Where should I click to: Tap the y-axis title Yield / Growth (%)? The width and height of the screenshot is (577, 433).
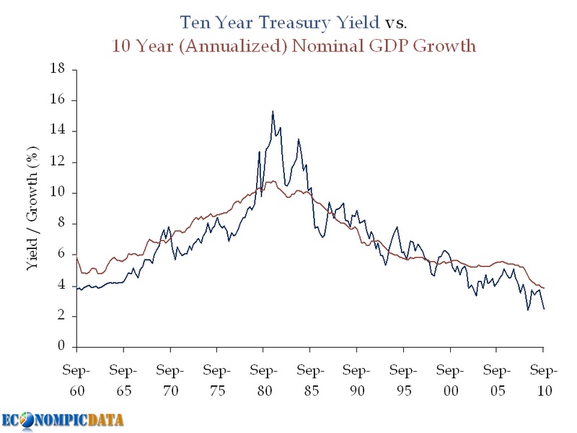click(x=32, y=209)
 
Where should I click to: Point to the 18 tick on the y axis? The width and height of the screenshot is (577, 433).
click(x=58, y=69)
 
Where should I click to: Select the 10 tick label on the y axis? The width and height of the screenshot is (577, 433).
click(x=58, y=193)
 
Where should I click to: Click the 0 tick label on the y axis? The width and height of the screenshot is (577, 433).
click(x=61, y=347)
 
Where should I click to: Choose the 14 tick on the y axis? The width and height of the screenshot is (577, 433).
click(x=58, y=131)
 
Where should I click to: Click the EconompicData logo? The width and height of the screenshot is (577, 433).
click(x=62, y=419)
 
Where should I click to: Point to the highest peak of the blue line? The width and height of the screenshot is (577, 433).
click(x=273, y=111)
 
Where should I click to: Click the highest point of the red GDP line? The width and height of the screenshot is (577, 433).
click(x=270, y=181)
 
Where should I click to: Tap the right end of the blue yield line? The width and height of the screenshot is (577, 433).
click(x=544, y=309)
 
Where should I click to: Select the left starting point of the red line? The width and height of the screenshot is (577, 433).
click(x=77, y=258)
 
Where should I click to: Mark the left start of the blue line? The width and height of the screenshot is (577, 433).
click(x=77, y=289)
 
